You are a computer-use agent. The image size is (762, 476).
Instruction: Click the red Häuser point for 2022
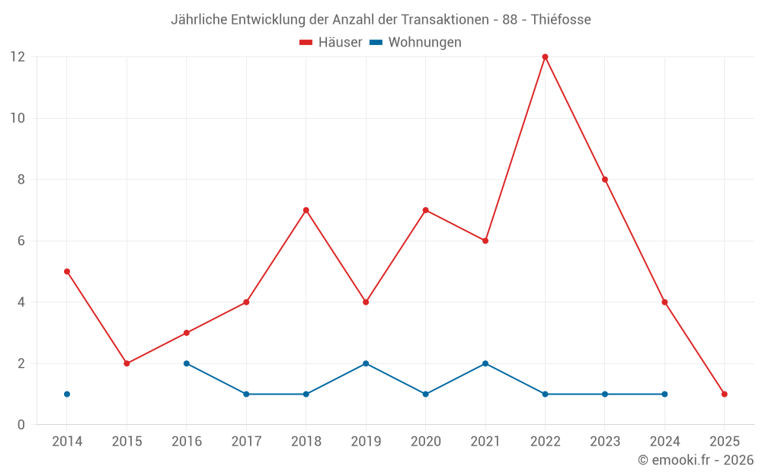click(545, 57)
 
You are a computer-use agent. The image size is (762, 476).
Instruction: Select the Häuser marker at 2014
click(67, 271)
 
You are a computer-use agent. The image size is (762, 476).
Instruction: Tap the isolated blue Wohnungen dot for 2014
click(67, 394)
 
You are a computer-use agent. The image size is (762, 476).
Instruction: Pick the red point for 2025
click(724, 394)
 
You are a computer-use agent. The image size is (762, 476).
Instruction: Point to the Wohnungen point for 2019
click(366, 363)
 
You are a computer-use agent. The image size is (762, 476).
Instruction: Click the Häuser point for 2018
click(306, 210)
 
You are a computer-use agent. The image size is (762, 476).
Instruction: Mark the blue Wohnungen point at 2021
click(485, 363)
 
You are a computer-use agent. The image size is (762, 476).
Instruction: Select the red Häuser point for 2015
click(126, 363)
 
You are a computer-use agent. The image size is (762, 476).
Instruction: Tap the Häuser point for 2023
click(605, 180)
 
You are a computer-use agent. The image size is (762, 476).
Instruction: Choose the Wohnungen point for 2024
click(664, 394)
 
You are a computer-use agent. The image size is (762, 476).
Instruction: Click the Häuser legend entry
click(331, 43)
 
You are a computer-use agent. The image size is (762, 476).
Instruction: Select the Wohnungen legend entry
click(416, 43)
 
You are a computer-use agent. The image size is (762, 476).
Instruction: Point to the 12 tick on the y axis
click(18, 57)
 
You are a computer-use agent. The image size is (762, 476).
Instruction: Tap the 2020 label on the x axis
click(425, 441)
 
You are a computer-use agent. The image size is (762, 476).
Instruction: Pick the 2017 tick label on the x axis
click(246, 441)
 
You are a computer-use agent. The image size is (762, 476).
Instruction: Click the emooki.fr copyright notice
click(695, 460)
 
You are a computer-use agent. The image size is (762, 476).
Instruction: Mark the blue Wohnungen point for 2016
click(187, 363)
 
